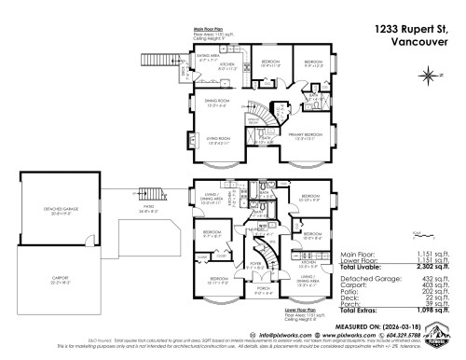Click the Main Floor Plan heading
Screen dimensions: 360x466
(x=211, y=29)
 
